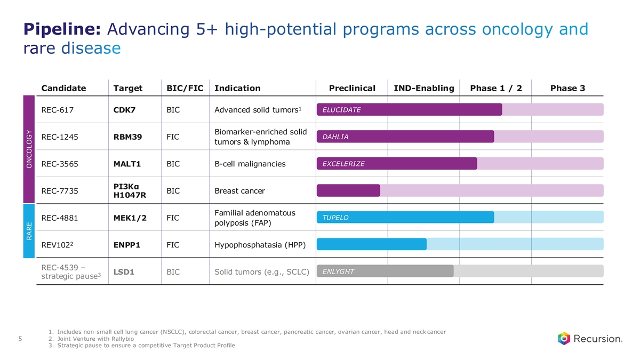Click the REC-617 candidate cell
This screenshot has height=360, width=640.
[57, 110]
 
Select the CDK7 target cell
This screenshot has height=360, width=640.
[124, 110]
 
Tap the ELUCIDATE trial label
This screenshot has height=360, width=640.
[341, 110]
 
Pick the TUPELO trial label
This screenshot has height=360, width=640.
[335, 218]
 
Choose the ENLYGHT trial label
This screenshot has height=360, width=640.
[338, 271]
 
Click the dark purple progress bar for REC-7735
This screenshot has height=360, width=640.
[348, 190]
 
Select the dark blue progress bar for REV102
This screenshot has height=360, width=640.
[372, 244]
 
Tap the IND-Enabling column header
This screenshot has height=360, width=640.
[423, 88]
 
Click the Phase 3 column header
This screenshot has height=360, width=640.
[567, 88]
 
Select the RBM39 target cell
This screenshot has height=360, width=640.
[127, 137]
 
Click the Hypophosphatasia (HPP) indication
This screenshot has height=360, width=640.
[260, 245]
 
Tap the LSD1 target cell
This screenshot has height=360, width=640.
[124, 272]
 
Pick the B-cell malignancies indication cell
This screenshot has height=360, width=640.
[250, 164]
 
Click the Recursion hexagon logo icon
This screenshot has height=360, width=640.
[564, 339]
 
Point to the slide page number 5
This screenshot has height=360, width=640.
[20, 338]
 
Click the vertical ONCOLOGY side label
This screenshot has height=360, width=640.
[29, 149]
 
